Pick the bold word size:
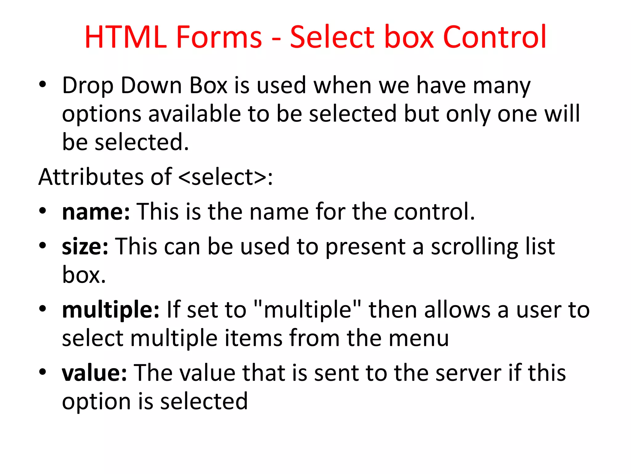coord(85,247)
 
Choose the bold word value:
coord(94,373)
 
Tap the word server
coord(468,373)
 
